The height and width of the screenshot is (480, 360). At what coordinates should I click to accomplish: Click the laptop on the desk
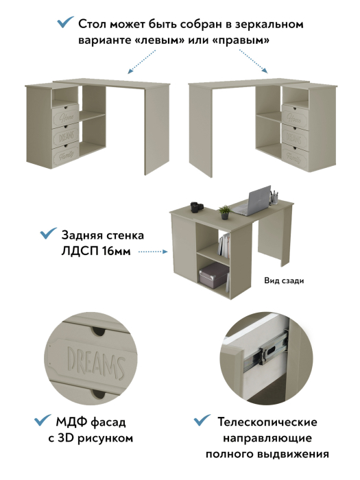(x=254, y=200)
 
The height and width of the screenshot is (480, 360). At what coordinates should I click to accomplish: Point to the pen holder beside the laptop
(x=274, y=196)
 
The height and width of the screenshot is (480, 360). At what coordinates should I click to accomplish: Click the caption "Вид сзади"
(x=283, y=280)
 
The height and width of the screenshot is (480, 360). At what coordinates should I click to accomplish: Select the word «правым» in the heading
(x=241, y=40)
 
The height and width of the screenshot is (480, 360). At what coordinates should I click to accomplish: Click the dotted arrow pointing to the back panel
(x=154, y=252)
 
